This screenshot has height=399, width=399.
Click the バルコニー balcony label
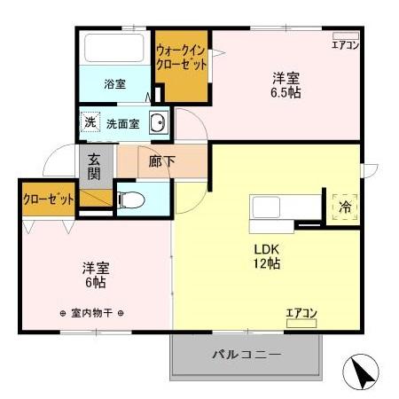[246, 356]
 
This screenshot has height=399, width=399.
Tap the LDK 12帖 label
[267, 255]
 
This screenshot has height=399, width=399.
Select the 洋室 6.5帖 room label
[286, 84]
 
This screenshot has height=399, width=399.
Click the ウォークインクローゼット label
[182, 59]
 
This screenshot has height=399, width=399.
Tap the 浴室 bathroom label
[114, 84]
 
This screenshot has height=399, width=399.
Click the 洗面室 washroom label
[123, 124]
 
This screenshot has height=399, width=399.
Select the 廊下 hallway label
[160, 161]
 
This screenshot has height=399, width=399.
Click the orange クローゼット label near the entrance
[48, 199]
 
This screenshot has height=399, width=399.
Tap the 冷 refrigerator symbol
[343, 207]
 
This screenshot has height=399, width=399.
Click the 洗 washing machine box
[90, 123]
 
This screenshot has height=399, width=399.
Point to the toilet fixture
[129, 199]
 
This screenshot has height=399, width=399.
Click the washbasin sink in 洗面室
[158, 124]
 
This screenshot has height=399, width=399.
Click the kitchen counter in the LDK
[284, 210]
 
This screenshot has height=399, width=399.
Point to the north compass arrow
[364, 372]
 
